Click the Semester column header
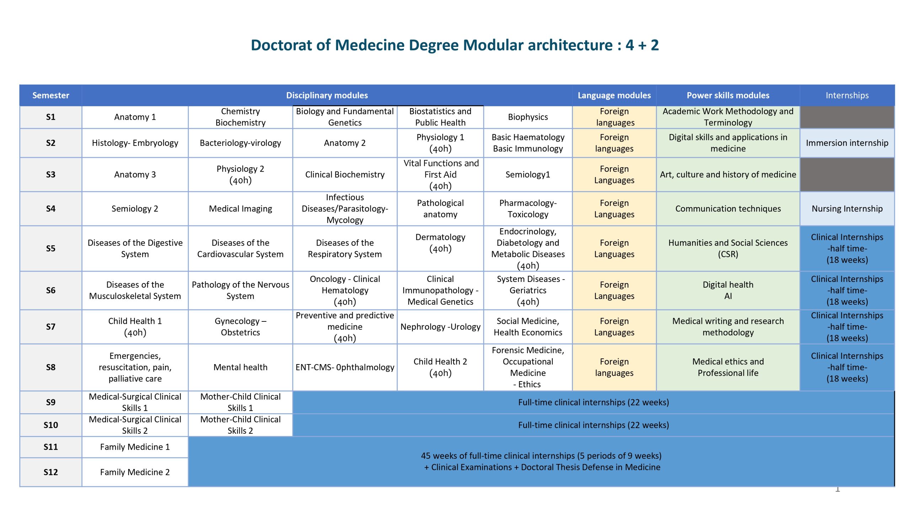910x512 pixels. [x=50, y=95]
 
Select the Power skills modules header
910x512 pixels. [x=728, y=95]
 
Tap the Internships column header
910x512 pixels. [x=847, y=95]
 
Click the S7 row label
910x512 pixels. [x=50, y=327]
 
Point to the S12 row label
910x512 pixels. [x=50, y=472]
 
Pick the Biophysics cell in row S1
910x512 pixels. [x=528, y=117]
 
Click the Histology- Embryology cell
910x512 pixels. [x=135, y=143]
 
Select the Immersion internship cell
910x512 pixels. [x=847, y=143]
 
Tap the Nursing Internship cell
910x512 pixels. [x=847, y=209]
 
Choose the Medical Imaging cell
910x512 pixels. [x=240, y=209]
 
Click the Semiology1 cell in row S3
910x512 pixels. [x=528, y=175]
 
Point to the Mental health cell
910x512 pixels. [x=240, y=367]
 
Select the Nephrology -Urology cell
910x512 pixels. [x=440, y=327]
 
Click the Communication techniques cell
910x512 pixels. [x=728, y=209]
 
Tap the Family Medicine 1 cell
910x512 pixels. [x=135, y=447]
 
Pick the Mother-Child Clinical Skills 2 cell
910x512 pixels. [x=240, y=425]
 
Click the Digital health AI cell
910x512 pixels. [x=728, y=290]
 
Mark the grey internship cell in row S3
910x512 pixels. [x=847, y=175]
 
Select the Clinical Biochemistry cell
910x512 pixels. [x=345, y=175]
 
